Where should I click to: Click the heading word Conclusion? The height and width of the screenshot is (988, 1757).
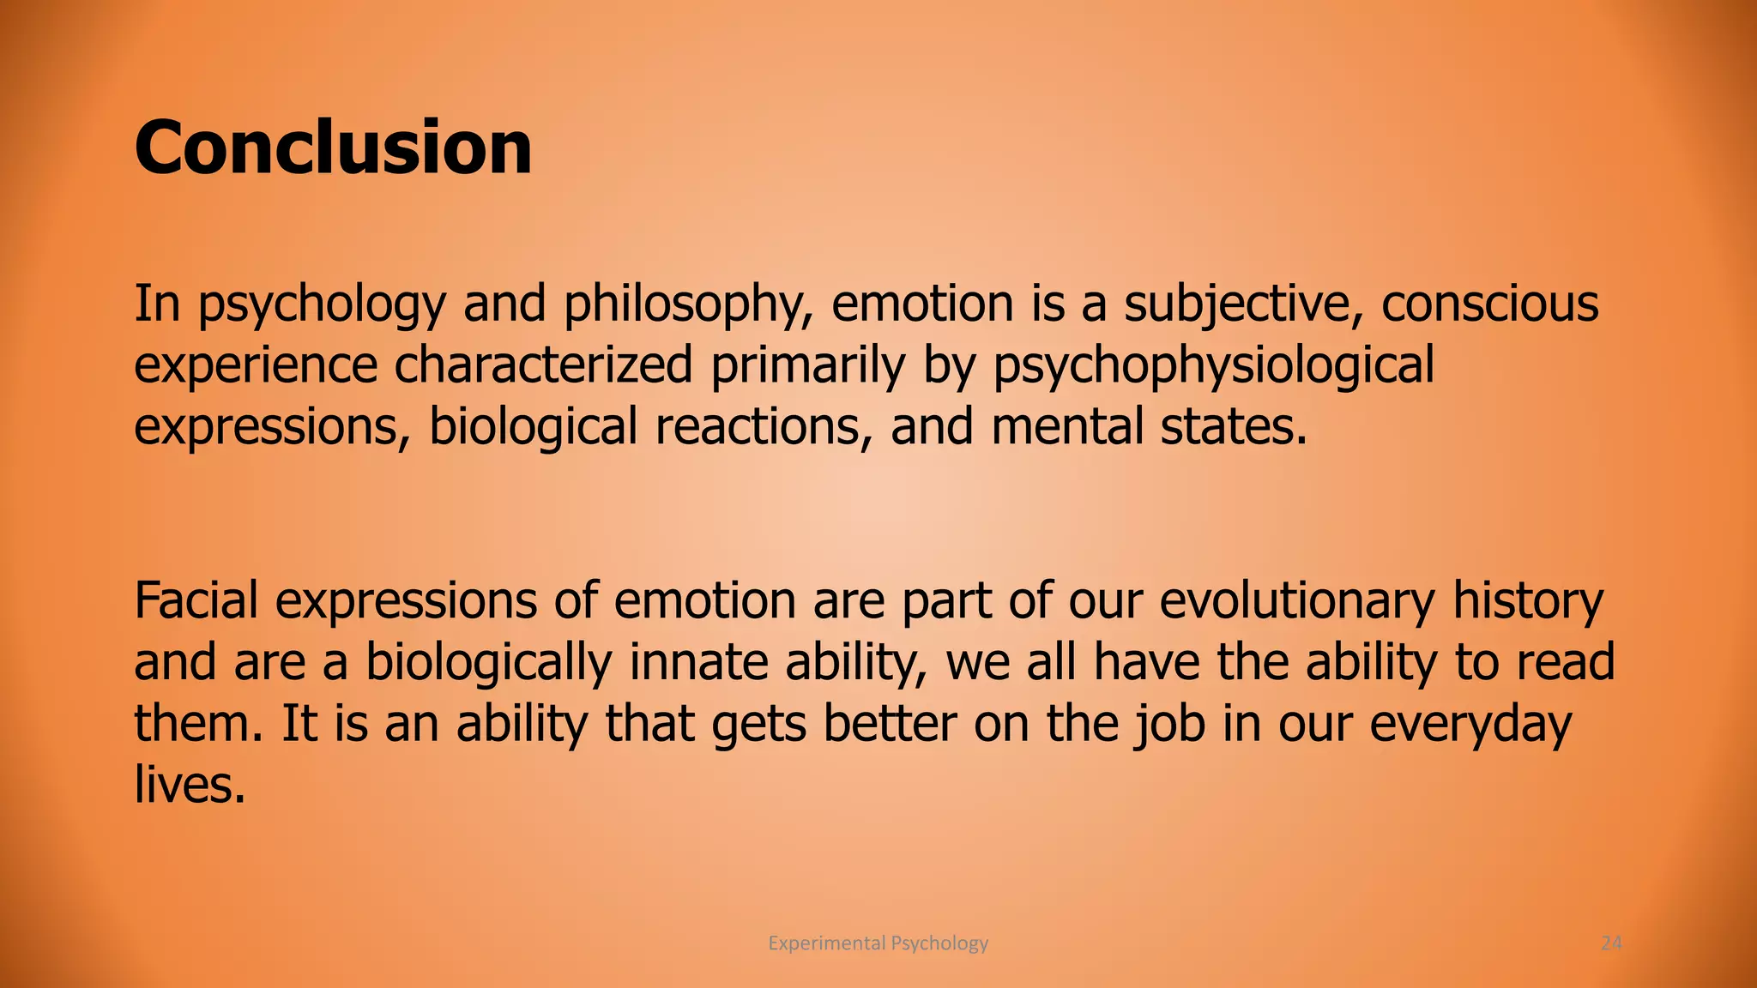(333, 148)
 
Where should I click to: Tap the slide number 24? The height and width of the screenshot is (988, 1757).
(1611, 943)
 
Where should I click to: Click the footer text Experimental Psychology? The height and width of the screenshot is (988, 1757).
(878, 943)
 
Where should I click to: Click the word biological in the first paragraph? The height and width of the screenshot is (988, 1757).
(533, 427)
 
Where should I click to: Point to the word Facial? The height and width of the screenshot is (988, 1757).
(196, 601)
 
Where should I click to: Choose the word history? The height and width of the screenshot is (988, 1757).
(1527, 601)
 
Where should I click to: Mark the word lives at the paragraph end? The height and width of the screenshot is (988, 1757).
(190, 785)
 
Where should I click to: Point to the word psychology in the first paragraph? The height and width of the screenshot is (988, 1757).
(322, 305)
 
